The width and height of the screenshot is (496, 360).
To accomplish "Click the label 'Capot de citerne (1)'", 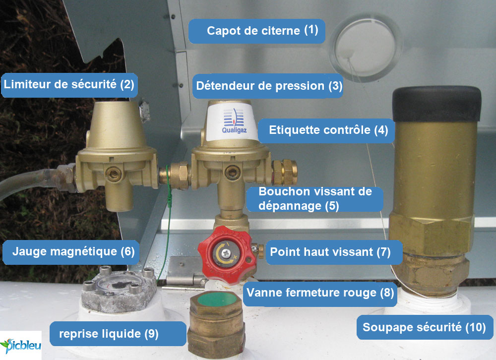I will click(x=256, y=31).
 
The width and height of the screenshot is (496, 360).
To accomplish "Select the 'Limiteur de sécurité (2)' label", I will click(x=69, y=84).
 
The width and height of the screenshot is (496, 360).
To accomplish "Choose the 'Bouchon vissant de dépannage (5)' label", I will click(x=315, y=199).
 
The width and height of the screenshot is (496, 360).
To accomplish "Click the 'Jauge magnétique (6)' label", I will click(x=69, y=251).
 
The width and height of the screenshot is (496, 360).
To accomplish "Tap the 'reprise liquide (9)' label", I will click(x=108, y=334).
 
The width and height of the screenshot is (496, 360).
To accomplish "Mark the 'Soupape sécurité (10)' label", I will click(x=424, y=328).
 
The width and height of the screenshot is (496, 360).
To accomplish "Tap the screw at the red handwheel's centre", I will click(x=226, y=253).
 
